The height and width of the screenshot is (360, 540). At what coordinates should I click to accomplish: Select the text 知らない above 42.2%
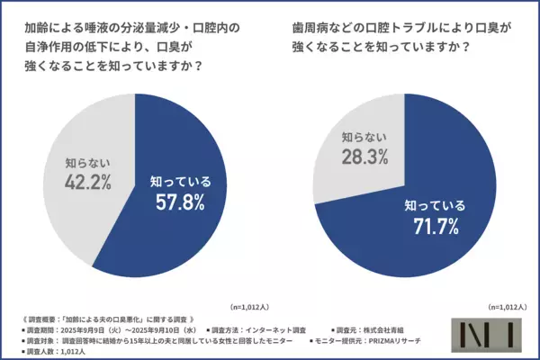pos(88,164)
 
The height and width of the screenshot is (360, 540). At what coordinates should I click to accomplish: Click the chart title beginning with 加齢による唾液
pos(132,48)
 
